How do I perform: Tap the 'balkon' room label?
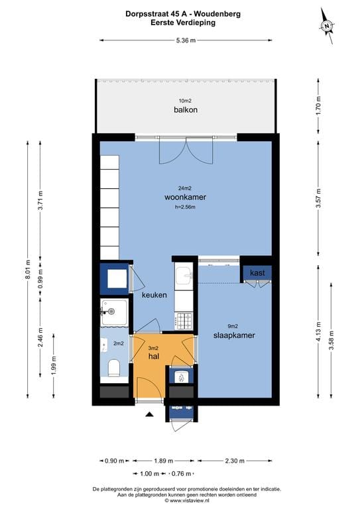[186, 109]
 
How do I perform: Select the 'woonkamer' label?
[185, 198]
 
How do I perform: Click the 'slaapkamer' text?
[234, 335]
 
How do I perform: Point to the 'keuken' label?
[154, 295]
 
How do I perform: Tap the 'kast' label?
[257, 272]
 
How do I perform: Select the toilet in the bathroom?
[114, 367]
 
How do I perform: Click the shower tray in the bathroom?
[114, 313]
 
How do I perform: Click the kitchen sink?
[183, 273]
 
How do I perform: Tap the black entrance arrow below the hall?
[149, 414]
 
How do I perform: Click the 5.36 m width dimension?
[186, 40]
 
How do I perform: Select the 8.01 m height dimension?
[27, 269]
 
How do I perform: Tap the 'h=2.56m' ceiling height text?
[185, 207]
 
